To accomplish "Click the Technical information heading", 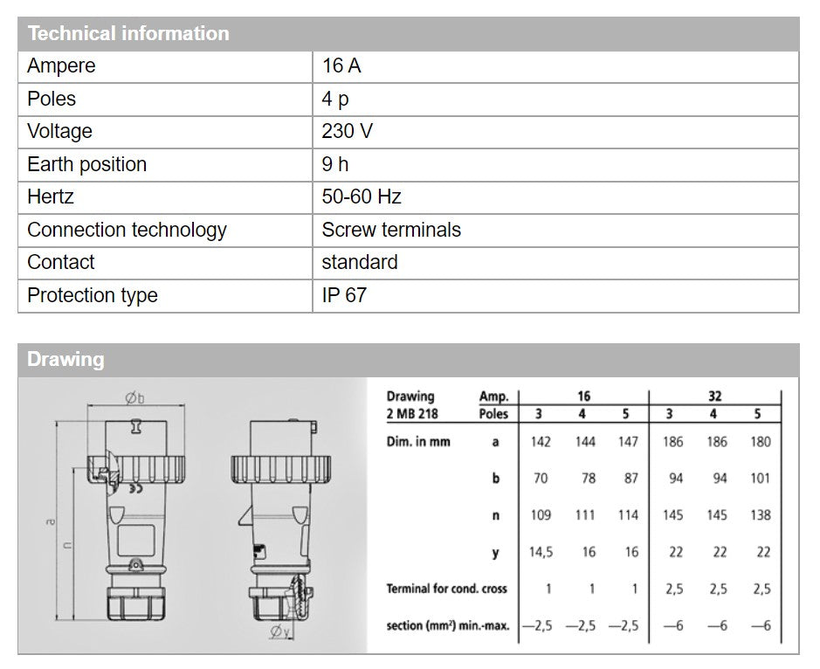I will tap(127, 34).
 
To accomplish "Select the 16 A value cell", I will tap(341, 66).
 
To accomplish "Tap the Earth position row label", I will tap(86, 164).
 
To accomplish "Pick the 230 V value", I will tap(347, 132).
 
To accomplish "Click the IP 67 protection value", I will tap(343, 295).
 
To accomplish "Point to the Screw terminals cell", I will tap(390, 230).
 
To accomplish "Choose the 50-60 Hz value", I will tap(361, 197).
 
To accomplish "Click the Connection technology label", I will tap(127, 230).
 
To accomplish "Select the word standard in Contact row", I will tap(359, 262).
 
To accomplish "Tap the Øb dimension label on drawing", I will tap(134, 398).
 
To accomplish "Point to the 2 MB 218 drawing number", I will tap(414, 413).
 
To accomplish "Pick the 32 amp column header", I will tap(715, 397).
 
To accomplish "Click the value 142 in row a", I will tap(541, 442).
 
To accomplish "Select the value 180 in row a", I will tap(761, 442).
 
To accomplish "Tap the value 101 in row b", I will tap(761, 479).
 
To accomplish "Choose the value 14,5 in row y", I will tap(541, 552).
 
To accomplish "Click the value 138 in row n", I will tap(761, 515).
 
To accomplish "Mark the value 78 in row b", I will tap(585, 479).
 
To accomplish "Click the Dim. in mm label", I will tap(418, 442).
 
